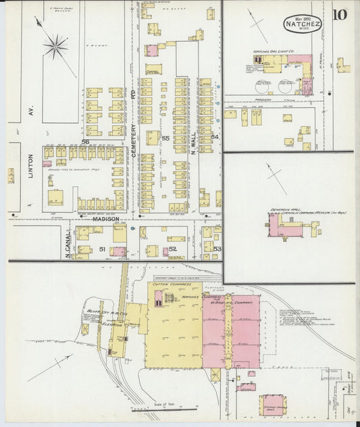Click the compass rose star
[55, 47]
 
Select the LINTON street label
[31, 166]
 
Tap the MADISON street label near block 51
[105, 219]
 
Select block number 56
[86, 141]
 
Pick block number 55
[165, 138]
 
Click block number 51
[103, 250]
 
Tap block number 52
[173, 250]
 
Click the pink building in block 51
[119, 252]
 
